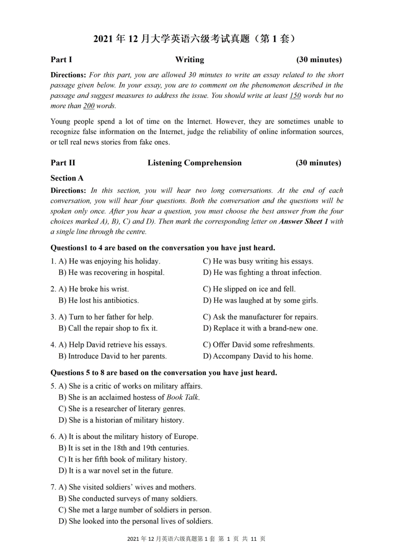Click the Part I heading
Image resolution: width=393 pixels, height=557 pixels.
[61, 60]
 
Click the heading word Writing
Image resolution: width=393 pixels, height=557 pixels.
[189, 60]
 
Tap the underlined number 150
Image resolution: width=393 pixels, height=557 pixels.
[295, 96]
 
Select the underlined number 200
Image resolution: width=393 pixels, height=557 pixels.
[89, 106]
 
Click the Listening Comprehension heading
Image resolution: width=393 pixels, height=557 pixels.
[194, 163]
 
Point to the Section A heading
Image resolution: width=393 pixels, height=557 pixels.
[67, 178]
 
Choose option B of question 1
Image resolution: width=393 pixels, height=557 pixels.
[111, 273]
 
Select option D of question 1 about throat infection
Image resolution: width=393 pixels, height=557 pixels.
[262, 273]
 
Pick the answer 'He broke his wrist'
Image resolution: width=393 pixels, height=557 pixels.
[93, 289]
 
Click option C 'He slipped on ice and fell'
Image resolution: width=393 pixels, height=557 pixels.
[249, 289]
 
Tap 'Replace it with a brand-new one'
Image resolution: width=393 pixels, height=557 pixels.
[260, 328]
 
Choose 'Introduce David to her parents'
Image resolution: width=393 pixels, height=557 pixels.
[113, 356]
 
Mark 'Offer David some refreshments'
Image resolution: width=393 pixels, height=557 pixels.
[259, 345]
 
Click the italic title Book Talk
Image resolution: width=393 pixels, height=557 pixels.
[182, 397]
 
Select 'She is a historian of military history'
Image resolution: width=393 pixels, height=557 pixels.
[121, 420]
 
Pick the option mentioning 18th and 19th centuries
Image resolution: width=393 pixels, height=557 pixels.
[124, 448]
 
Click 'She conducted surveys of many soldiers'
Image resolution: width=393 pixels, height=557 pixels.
[128, 499]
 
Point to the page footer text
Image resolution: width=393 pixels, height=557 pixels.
[196, 539]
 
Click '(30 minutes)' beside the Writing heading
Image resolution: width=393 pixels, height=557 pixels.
[319, 60]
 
